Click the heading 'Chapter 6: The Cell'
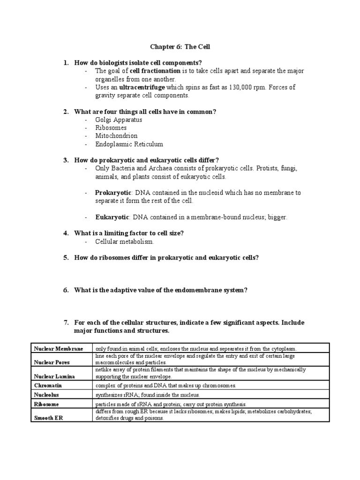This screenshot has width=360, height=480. pos(180,47)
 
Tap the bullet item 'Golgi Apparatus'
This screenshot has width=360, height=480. pos(118,120)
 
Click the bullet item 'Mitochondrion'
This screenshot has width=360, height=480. pos(116,136)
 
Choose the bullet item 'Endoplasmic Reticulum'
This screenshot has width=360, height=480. pos(129,144)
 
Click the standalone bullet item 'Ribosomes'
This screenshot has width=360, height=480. pos(111,127)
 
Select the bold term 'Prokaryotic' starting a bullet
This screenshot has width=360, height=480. pos(112,193)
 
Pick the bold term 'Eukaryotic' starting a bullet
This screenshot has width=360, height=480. pos(112,217)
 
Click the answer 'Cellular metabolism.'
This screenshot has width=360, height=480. pos(124,242)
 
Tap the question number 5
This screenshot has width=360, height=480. pos(66,258)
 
